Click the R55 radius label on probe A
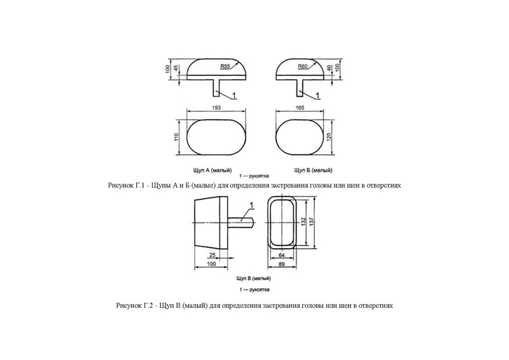click(225, 66)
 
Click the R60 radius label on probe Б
click(302, 66)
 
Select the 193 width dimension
click(216, 109)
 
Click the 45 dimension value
click(176, 68)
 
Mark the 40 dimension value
click(330, 67)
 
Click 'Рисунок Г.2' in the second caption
click(131, 305)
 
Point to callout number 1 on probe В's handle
click(251, 205)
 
